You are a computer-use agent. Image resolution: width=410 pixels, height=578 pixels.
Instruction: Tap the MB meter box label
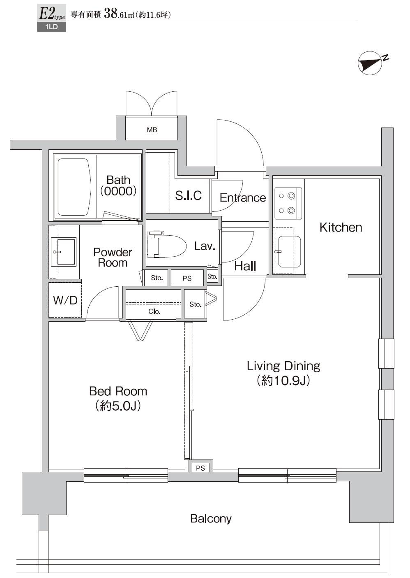coord(152,130)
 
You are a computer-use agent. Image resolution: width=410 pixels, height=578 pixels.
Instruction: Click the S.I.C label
coord(188,195)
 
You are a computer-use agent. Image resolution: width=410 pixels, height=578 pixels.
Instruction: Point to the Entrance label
coord(242,198)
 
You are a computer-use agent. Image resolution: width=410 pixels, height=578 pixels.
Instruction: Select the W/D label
coord(65,300)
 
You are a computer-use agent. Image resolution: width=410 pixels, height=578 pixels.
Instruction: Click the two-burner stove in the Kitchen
coord(287,204)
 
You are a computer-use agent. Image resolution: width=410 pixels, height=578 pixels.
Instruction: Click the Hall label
coord(245,266)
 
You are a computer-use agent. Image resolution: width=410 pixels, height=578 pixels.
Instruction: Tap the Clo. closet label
coord(154,312)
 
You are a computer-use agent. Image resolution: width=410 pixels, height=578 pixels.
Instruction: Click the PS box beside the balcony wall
coord(200,468)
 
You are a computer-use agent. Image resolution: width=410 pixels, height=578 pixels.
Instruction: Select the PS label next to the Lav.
coord(187,279)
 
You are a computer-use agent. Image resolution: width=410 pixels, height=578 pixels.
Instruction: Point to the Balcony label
coord(210,519)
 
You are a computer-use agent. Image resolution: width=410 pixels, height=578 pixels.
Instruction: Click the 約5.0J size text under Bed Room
coord(118,406)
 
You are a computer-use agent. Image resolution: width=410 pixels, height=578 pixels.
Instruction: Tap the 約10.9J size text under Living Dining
coord(283,381)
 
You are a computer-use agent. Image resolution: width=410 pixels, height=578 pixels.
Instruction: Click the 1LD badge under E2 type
coord(51,28)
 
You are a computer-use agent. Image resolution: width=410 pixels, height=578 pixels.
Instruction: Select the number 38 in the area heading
coord(111,14)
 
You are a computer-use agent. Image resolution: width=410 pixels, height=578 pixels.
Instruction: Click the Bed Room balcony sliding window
coord(126,476)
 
